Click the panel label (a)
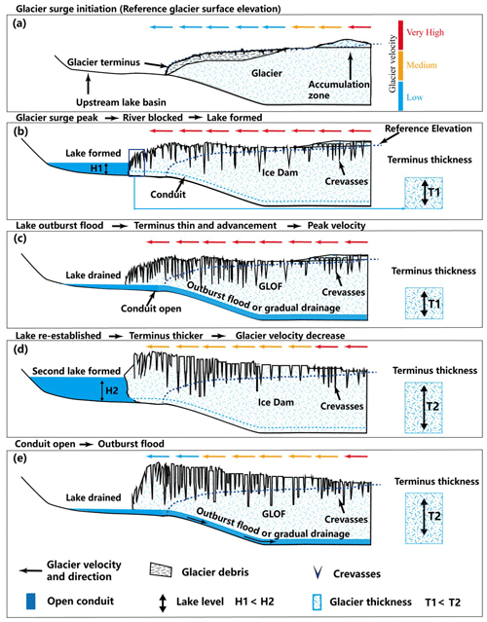pyautogui.click(x=19, y=23)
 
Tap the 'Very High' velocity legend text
pyautogui.click(x=425, y=32)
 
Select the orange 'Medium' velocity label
pyautogui.click(x=422, y=65)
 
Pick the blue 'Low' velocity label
pyautogui.click(x=415, y=97)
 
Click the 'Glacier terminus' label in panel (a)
pyautogui.click(x=103, y=62)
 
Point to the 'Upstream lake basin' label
pyautogui.click(x=121, y=102)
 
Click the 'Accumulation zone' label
pyautogui.click(x=339, y=90)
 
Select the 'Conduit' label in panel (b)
pyautogui.click(x=168, y=195)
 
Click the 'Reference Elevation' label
pyautogui.click(x=429, y=128)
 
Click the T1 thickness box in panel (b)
pyautogui.click(x=424, y=193)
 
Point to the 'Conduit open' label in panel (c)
pyautogui.click(x=151, y=309)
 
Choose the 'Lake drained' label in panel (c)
pyautogui.click(x=94, y=274)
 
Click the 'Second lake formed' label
pyautogui.click(x=76, y=371)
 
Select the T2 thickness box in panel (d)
pyautogui.click(x=424, y=408)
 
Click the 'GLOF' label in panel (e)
pyautogui.click(x=274, y=514)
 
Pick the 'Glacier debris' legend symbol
pyautogui.click(x=161, y=569)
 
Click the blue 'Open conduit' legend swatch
pyautogui.click(x=30, y=601)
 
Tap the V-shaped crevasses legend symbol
pyautogui.click(x=318, y=573)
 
